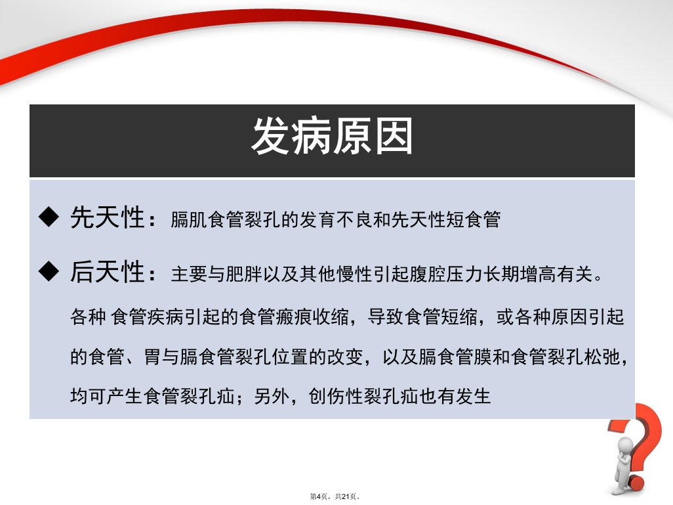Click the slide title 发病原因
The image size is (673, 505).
(332, 136)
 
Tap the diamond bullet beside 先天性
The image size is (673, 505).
(49, 217)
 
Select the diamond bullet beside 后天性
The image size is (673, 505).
(49, 271)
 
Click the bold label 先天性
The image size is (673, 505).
(108, 217)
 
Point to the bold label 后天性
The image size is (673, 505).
(108, 272)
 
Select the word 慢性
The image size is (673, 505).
(354, 274)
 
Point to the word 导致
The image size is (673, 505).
(386, 317)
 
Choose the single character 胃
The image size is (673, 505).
(152, 357)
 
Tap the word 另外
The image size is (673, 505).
(272, 396)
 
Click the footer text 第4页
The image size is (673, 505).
(319, 496)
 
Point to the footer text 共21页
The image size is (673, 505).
(346, 496)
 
